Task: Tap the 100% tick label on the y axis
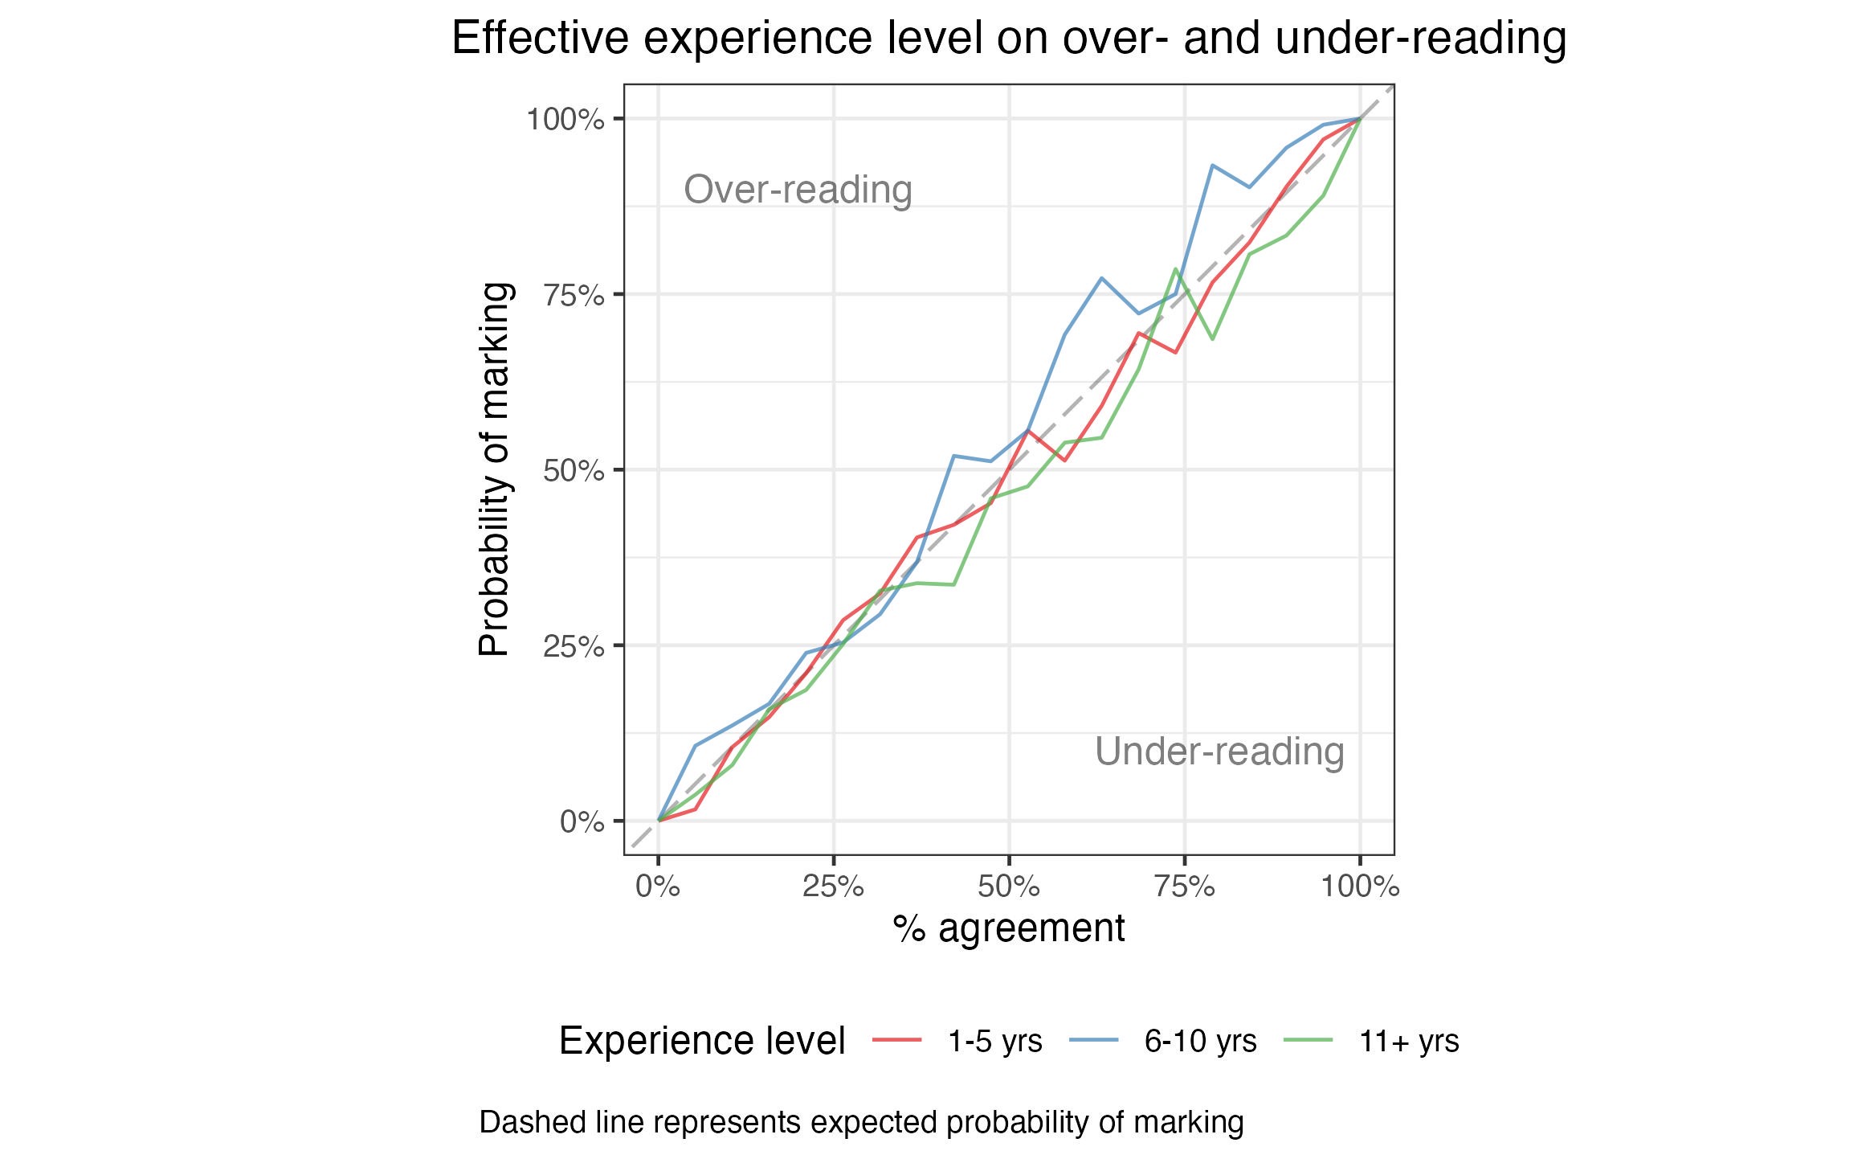click(x=565, y=120)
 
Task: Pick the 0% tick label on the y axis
click(x=582, y=821)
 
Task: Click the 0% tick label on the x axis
click(x=659, y=887)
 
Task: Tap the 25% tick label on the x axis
click(x=834, y=887)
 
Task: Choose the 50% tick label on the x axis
click(x=1009, y=887)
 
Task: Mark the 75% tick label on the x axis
click(x=1185, y=887)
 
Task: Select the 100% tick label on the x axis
click(x=1360, y=887)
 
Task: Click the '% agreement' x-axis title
click(x=1009, y=928)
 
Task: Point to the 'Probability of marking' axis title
click(x=494, y=469)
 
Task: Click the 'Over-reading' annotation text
click(x=798, y=190)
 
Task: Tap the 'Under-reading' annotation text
click(x=1219, y=752)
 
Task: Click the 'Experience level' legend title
click(x=702, y=1041)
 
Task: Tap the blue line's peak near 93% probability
click(x=1212, y=165)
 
